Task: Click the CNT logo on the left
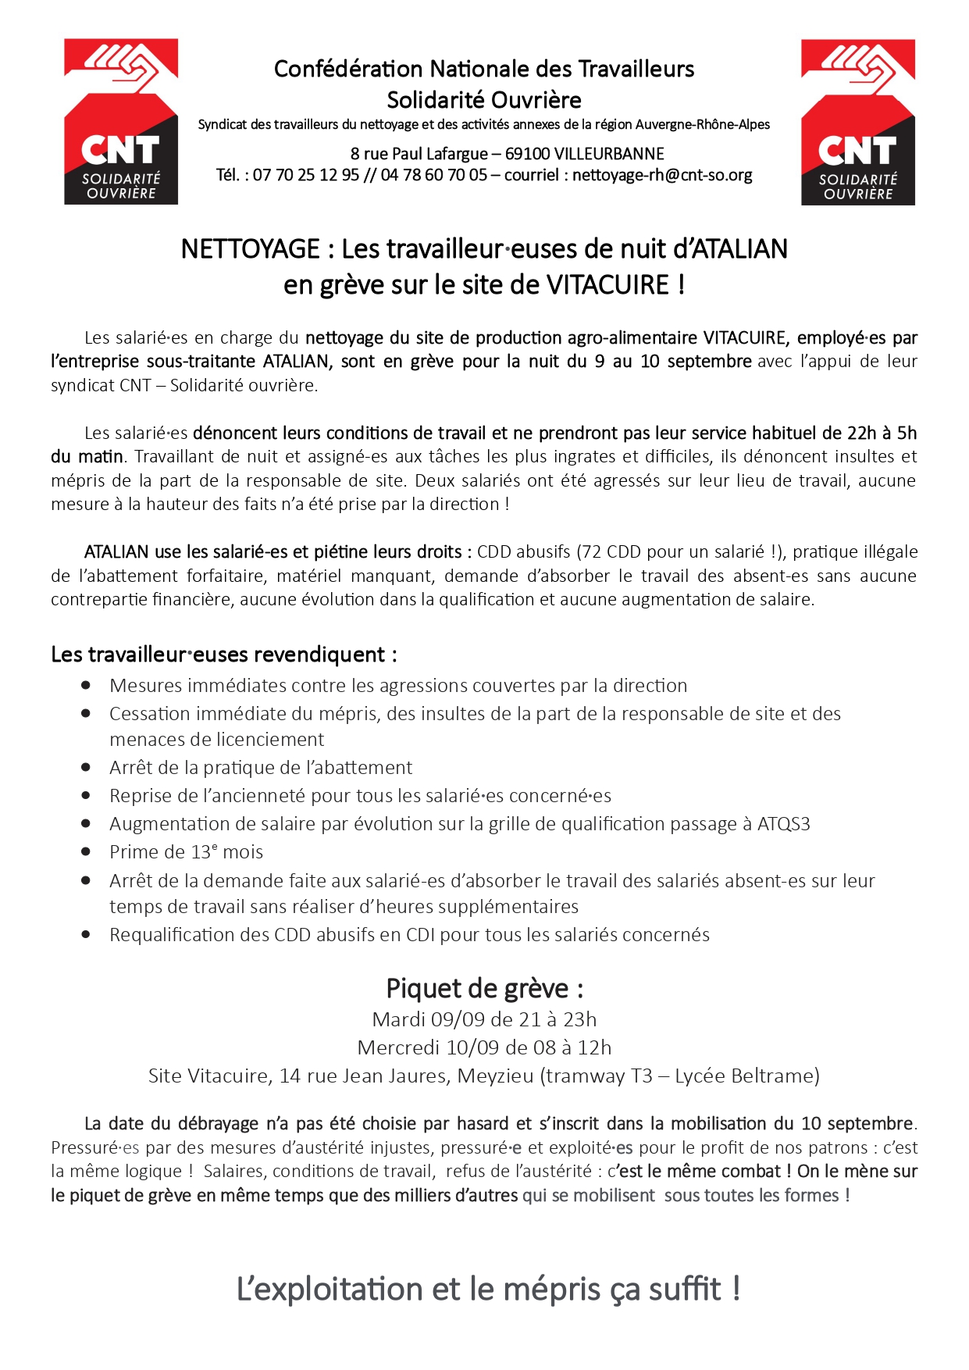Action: pos(121,122)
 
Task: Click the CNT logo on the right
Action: pos(857,123)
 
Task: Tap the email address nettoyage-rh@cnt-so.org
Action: pos(662,175)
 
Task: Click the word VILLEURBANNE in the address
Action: pos(609,154)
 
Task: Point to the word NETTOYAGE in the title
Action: pos(250,249)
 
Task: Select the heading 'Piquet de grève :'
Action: pos(484,989)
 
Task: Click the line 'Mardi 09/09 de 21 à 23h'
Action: pos(484,1019)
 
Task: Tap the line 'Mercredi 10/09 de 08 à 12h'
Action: pos(484,1047)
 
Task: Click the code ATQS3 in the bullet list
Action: pos(783,824)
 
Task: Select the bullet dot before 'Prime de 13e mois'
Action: pos(86,851)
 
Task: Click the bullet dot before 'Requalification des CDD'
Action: pos(86,934)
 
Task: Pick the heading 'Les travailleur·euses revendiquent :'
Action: pos(224,655)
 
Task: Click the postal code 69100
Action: pos(527,154)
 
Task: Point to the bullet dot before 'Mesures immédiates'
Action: pos(86,685)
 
